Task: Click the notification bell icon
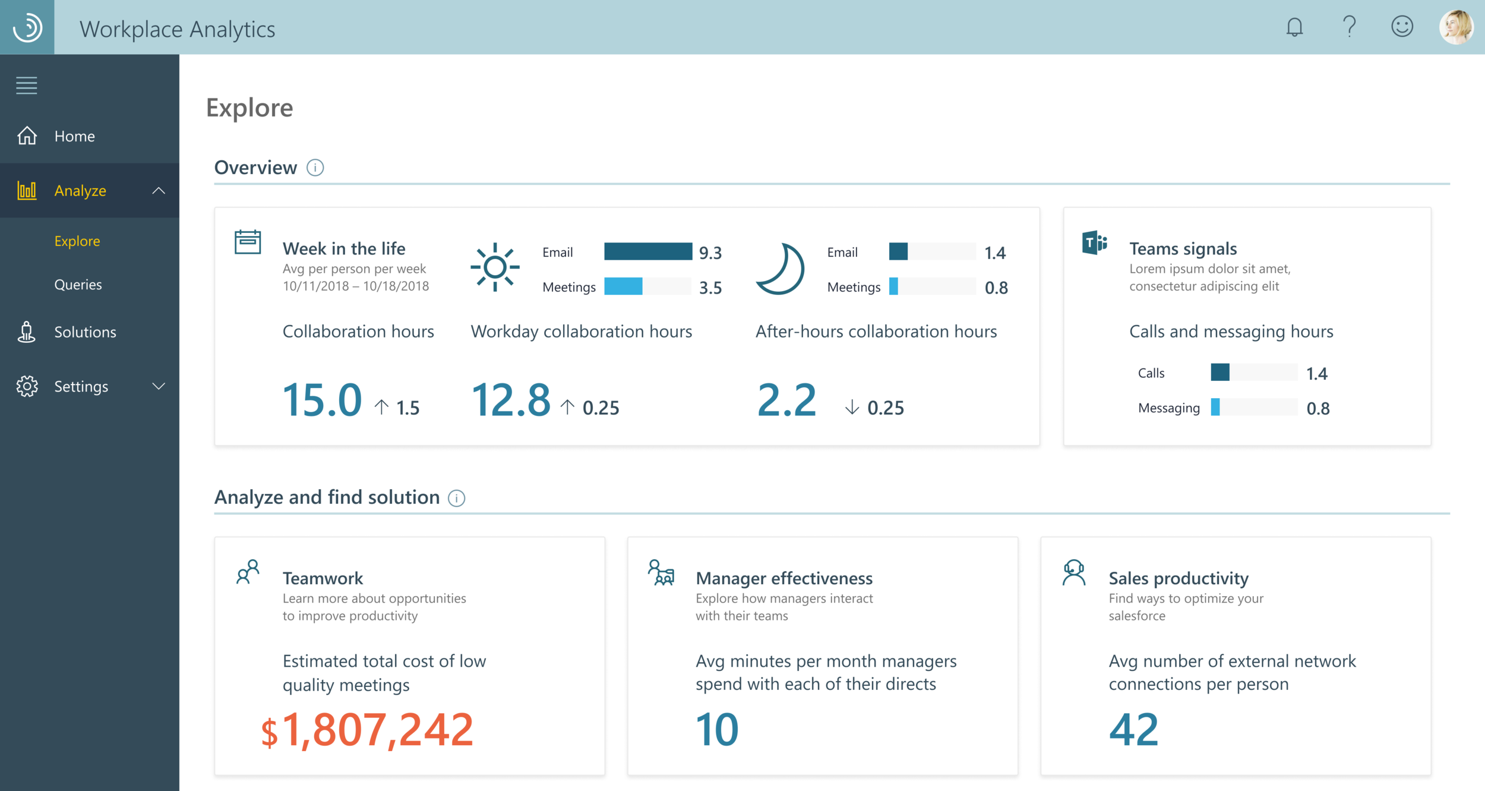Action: (1294, 27)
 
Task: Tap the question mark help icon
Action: (1349, 27)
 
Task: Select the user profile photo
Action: (1456, 27)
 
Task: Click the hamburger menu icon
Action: (27, 86)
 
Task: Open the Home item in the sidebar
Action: (74, 136)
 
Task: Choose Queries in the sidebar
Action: (78, 285)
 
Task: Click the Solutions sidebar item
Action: (85, 332)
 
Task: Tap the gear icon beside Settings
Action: (27, 386)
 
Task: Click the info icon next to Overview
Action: (315, 168)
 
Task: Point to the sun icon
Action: (495, 267)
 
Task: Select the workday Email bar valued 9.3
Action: (647, 252)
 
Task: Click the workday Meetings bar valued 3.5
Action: (623, 286)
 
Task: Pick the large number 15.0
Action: (322, 399)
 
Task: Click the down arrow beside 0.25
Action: (852, 407)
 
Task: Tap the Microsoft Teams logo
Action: (1095, 242)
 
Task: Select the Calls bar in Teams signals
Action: (1220, 373)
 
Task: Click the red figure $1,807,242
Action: (367, 730)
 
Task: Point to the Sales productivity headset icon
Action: (1074, 573)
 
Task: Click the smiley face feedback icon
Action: (1402, 27)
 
